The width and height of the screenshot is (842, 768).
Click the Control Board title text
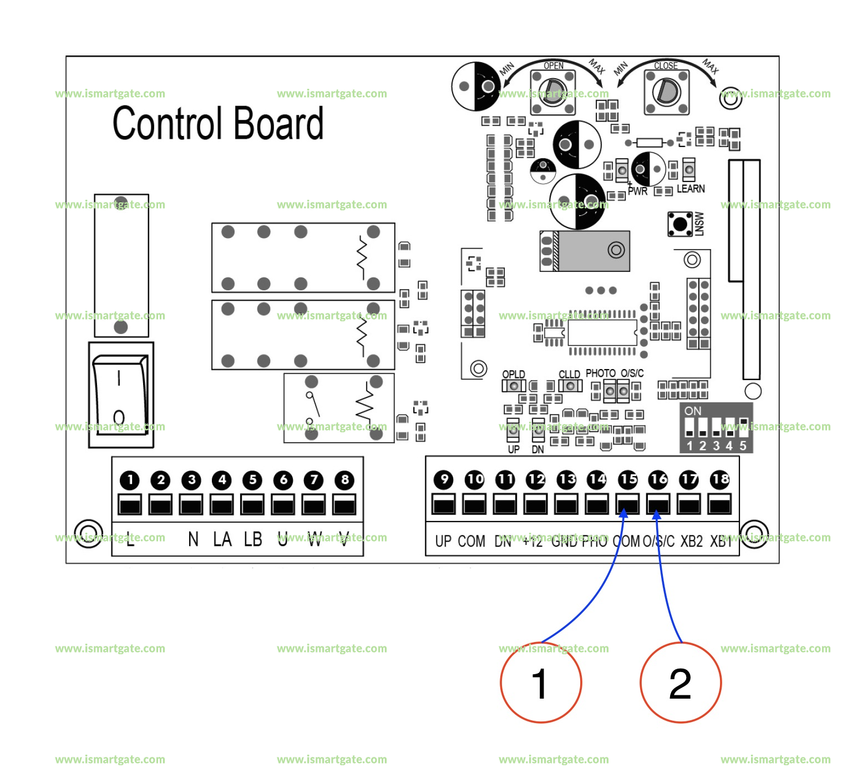(x=218, y=123)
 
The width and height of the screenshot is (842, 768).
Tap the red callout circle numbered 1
(x=541, y=683)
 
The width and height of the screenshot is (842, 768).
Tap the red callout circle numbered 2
(x=681, y=683)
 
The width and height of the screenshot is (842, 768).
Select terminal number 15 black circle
(x=628, y=479)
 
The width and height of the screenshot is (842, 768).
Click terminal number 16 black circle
(x=658, y=479)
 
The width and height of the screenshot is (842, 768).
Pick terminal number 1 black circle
(x=130, y=479)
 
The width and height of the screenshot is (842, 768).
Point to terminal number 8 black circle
(x=344, y=479)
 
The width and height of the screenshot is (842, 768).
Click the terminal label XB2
(x=691, y=541)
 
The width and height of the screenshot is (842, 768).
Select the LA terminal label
(x=222, y=539)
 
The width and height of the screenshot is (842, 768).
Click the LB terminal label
(x=253, y=539)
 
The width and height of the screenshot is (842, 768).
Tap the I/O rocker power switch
(x=120, y=395)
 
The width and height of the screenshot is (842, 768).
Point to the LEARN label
(x=691, y=189)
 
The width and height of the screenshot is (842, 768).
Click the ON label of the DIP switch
(x=693, y=411)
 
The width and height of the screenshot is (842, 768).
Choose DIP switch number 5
(x=743, y=427)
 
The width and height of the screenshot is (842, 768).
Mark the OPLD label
(x=514, y=375)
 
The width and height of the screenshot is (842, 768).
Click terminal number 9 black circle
(x=444, y=479)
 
